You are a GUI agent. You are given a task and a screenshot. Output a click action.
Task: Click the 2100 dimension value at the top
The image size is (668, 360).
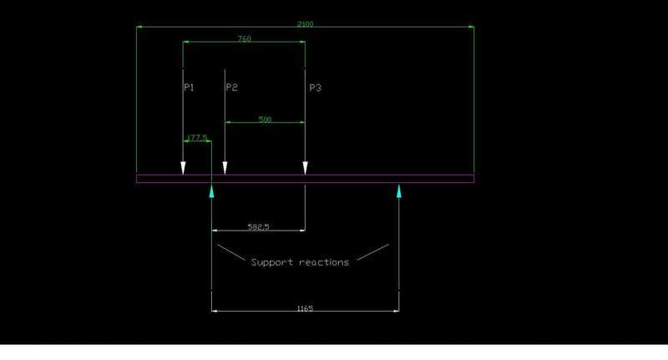point(306,24)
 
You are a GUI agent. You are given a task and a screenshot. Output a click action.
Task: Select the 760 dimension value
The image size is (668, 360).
point(244,39)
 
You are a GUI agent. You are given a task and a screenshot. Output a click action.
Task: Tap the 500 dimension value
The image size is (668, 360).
point(265,119)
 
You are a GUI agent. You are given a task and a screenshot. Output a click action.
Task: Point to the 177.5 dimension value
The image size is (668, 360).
point(197,138)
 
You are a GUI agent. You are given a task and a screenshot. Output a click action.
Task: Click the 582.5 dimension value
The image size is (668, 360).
point(259,226)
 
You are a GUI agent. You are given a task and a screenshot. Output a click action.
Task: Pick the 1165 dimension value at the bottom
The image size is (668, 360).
point(305,308)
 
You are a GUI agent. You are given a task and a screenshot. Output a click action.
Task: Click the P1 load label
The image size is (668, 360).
point(189,87)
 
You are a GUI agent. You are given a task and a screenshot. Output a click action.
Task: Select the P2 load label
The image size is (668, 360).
point(231,87)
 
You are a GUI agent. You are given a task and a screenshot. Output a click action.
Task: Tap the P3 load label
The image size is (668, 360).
point(315,87)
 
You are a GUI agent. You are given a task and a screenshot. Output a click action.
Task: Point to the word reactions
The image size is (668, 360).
point(323,261)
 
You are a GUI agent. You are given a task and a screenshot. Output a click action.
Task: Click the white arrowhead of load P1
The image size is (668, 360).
point(183,169)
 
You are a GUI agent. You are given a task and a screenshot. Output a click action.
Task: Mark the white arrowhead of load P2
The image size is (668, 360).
point(225,169)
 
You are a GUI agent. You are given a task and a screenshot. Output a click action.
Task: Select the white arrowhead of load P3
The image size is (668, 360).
point(305,169)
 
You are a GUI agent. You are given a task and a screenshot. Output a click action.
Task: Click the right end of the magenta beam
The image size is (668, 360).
point(473,178)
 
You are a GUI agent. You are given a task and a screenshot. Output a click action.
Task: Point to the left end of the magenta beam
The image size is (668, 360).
point(139,178)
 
